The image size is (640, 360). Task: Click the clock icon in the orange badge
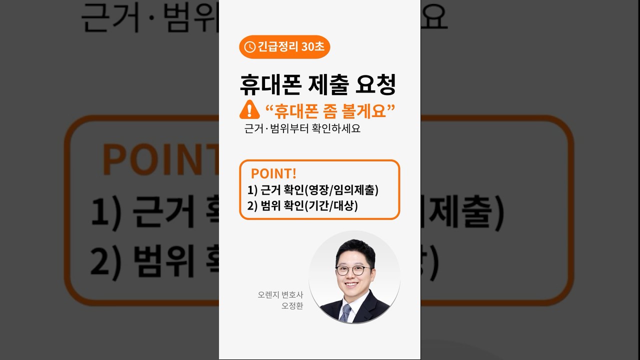(x=250, y=47)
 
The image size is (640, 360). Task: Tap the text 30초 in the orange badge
(x=313, y=47)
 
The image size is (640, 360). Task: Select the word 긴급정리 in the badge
(x=278, y=47)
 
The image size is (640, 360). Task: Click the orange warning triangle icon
(x=249, y=110)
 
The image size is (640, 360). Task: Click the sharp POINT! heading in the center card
(x=273, y=173)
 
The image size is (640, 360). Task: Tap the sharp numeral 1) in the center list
(x=252, y=190)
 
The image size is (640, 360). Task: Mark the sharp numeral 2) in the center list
(x=252, y=205)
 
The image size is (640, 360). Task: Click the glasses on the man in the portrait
(x=353, y=270)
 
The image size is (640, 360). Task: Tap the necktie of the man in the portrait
(x=345, y=312)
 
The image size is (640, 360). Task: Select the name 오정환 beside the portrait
(x=292, y=306)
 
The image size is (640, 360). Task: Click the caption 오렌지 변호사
(x=280, y=295)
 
